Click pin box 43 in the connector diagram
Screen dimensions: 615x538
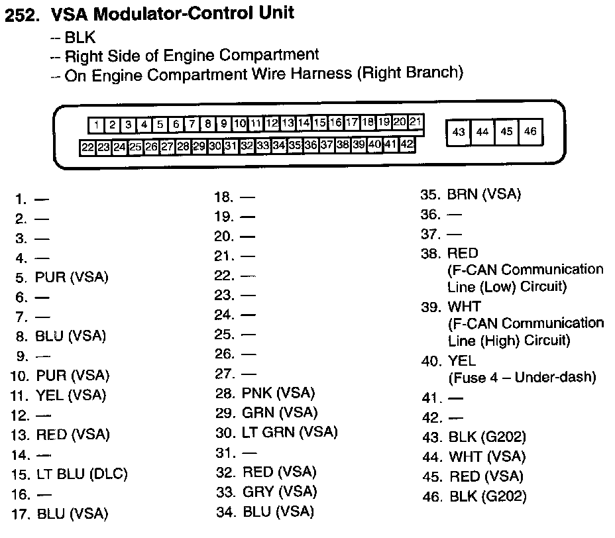pos(459,132)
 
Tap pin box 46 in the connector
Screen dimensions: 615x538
pos(531,132)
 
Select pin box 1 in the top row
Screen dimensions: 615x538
pos(96,125)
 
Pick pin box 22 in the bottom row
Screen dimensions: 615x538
pos(87,148)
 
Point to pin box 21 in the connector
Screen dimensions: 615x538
pos(416,122)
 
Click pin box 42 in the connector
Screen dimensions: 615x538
pos(407,144)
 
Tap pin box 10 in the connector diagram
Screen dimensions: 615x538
pos(240,124)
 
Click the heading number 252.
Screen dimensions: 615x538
pos(22,15)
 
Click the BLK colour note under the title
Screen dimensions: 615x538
pos(80,37)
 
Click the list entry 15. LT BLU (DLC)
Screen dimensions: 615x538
pos(70,474)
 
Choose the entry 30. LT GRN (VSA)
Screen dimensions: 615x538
pos(276,433)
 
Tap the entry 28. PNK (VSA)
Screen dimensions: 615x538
pos(265,394)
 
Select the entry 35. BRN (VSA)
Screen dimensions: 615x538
pos(471,195)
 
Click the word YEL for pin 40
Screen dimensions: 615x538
pos(462,360)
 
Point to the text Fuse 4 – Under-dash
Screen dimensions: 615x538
pos(522,378)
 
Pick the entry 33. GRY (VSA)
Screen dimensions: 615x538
pos(266,492)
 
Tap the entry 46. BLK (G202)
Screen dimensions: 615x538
pos(475,497)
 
